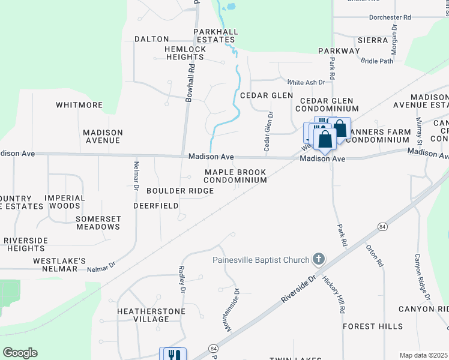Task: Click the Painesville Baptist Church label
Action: coord(261,260)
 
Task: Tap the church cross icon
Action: coord(318,259)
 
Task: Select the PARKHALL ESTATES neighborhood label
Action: coord(216,35)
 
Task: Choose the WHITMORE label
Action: coord(79,105)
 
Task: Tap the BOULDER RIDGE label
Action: coord(180,191)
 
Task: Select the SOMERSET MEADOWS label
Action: coord(98,223)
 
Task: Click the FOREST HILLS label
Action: coord(373,326)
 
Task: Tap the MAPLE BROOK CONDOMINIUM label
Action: coord(235,176)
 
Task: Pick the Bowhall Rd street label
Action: coord(190,82)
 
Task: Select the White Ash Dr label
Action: coord(306,82)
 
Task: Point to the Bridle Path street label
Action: coord(377,61)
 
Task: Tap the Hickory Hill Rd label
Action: coord(334,295)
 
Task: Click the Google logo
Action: coord(20,353)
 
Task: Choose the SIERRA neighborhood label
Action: coord(373,40)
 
